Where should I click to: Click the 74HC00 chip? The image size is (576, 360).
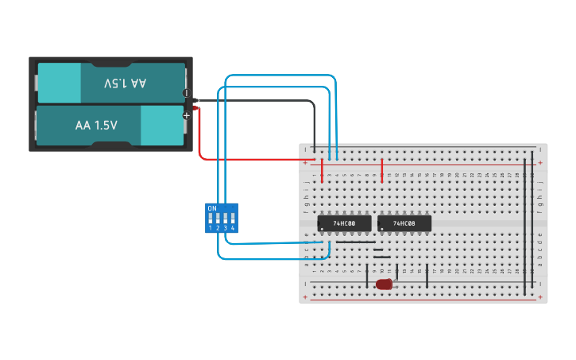point(344,223)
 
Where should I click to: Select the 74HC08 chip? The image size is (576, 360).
point(404,223)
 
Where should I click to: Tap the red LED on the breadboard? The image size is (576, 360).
point(385,284)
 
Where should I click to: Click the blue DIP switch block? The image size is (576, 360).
point(222,218)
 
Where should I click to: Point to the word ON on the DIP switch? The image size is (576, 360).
point(211,208)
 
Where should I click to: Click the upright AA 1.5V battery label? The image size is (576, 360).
point(96,126)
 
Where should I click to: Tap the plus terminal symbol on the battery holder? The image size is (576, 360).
point(187,115)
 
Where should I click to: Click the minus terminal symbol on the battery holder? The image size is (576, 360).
point(187,93)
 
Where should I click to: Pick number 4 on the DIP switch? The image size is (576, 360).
point(233,228)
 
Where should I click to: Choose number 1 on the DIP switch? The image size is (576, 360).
point(211,228)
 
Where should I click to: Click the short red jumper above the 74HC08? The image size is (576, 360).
point(382,170)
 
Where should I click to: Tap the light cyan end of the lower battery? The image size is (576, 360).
point(162,126)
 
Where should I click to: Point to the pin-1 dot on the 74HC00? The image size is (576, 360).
point(322,229)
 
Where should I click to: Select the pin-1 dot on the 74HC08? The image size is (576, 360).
point(382,229)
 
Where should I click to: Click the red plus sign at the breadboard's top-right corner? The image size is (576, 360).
point(540,163)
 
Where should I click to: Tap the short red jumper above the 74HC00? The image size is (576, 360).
point(322,170)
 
